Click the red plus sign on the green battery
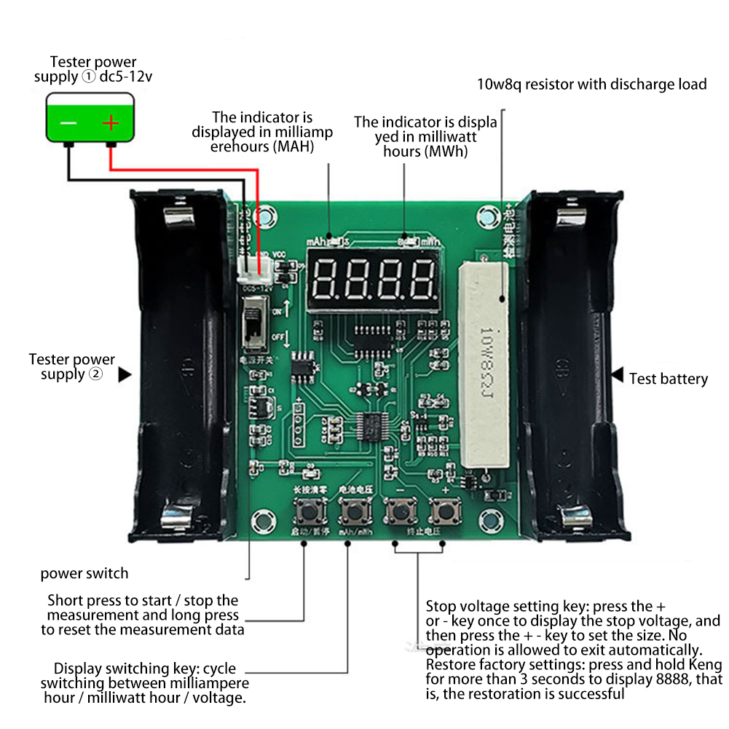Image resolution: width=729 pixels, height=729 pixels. point(110,123)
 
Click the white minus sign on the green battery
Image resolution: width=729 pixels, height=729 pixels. point(68,123)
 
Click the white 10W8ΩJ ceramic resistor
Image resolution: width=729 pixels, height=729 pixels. point(482,364)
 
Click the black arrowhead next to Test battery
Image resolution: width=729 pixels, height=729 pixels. point(618,376)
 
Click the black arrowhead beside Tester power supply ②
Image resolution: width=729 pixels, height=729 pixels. point(125,374)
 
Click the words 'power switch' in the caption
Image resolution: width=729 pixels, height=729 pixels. point(84,573)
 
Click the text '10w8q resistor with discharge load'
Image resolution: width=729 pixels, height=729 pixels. point(591,84)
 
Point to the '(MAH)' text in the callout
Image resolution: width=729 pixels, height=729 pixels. point(292,147)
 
